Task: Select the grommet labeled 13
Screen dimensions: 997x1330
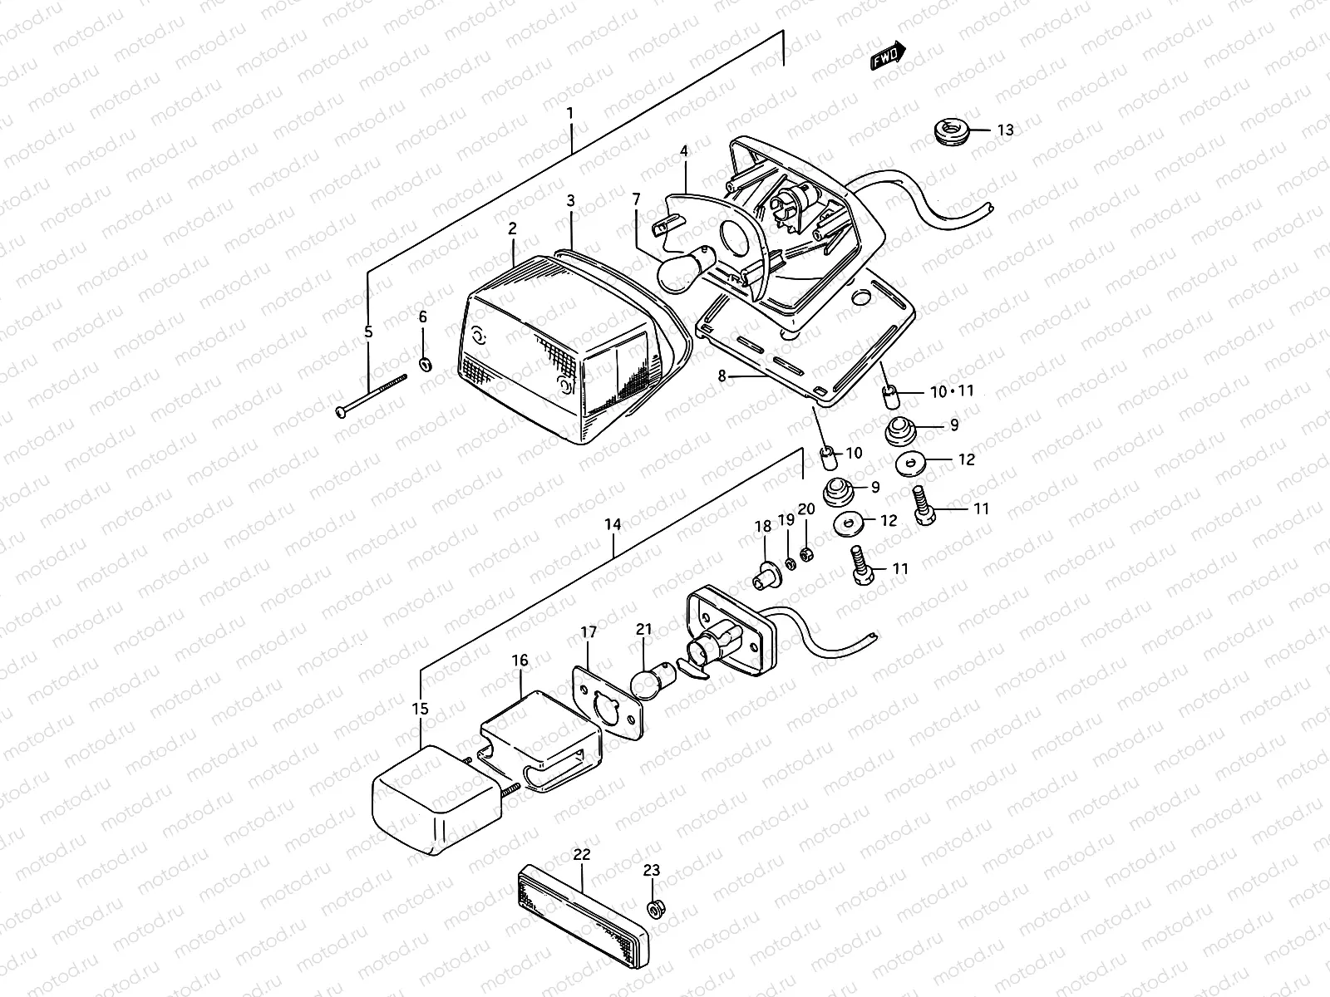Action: pos(949,131)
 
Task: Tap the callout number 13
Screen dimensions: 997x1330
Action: pos(1005,130)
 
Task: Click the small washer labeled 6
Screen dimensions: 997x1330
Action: pos(425,364)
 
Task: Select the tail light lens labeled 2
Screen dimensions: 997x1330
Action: pos(557,357)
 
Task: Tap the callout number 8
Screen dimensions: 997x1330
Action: pos(722,376)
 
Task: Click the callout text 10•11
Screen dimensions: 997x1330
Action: pos(952,391)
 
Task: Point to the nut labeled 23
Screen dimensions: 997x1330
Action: pos(654,908)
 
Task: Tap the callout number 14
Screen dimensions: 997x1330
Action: pos(613,525)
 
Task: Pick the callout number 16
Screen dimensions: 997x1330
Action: pos(520,661)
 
